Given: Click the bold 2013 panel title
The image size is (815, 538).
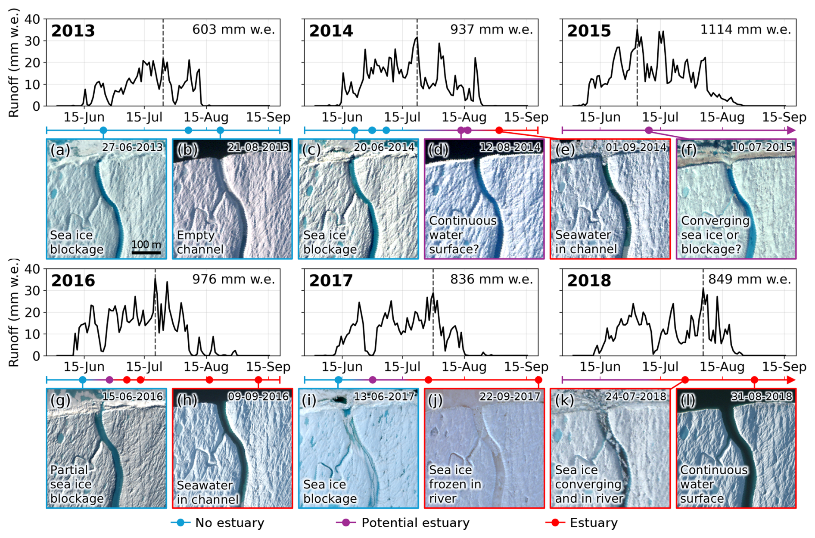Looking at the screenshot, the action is coord(73,31).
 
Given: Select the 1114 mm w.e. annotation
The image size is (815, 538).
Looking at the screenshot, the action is coord(746,29).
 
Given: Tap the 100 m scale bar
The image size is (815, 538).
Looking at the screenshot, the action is coord(146,252).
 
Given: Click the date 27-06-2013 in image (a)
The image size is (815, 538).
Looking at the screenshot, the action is coord(133,147).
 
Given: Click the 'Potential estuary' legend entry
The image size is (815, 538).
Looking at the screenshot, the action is coord(403,522).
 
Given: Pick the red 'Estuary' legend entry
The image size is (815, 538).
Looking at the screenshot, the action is coord(582,522).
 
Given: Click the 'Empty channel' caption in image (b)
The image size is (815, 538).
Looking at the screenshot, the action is coord(200,242).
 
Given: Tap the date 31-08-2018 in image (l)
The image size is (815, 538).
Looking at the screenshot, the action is coord(762,397).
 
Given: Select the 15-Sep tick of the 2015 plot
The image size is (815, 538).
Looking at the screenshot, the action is coord(784,117).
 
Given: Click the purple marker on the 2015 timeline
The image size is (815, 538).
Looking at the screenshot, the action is coord(649,130).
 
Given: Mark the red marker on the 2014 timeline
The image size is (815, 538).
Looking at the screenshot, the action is coord(499,130).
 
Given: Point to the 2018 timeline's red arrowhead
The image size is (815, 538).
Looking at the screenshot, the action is coord(791,380).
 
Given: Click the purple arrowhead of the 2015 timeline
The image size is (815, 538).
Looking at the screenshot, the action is coord(791,130).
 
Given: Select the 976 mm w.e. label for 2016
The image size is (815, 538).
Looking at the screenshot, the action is coord(233,279).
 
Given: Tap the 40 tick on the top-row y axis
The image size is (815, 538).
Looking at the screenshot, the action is coord(32,19).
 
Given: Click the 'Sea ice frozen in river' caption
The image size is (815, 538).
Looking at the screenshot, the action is coord(455,484).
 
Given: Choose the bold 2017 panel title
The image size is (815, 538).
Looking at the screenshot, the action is coord(331,281).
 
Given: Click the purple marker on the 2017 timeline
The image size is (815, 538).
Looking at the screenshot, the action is coord(373,380).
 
